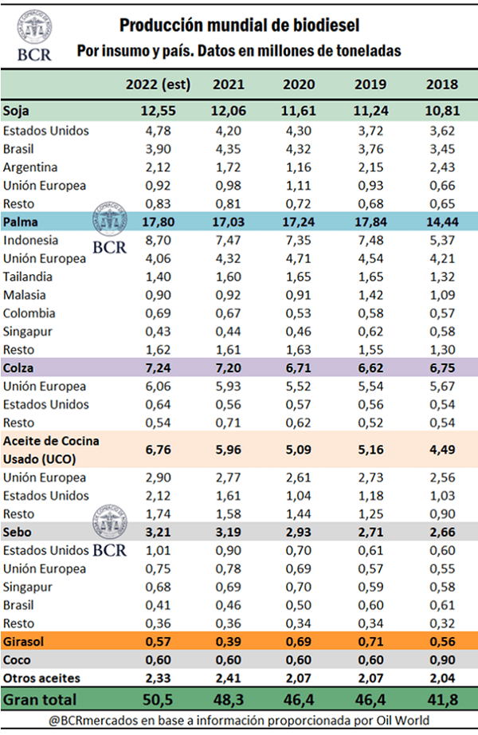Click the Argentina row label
pyautogui.click(x=30, y=167)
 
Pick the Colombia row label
pyautogui.click(x=29, y=313)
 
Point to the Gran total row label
pyautogui.click(x=41, y=699)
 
